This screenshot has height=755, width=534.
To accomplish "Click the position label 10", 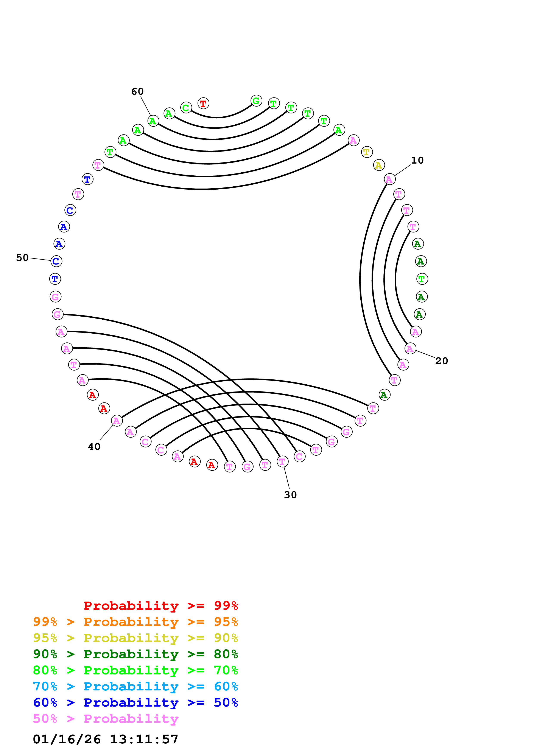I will [x=417, y=161].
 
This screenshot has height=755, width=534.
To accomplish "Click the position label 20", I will [x=442, y=361].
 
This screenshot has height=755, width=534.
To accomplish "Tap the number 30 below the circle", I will [x=290, y=495].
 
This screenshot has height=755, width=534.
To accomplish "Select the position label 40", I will [x=94, y=447].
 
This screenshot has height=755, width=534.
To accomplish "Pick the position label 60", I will [x=137, y=91].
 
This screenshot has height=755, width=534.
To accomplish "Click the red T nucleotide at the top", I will [x=203, y=103].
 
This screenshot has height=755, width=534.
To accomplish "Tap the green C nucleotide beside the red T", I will [x=186, y=108].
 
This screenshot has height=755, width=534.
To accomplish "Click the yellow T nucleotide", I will [x=367, y=152].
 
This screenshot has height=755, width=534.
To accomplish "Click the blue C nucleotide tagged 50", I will [x=56, y=261].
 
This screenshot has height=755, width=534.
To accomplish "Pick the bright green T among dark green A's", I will [x=422, y=279].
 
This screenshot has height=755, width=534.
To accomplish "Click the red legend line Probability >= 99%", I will [x=160, y=606].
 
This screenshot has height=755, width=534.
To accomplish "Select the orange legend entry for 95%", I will [x=135, y=622].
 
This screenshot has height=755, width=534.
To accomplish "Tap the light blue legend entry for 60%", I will [x=135, y=686].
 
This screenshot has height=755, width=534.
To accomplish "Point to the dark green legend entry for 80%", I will [x=135, y=654].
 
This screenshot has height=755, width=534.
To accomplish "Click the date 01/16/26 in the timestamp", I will [x=67, y=739].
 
